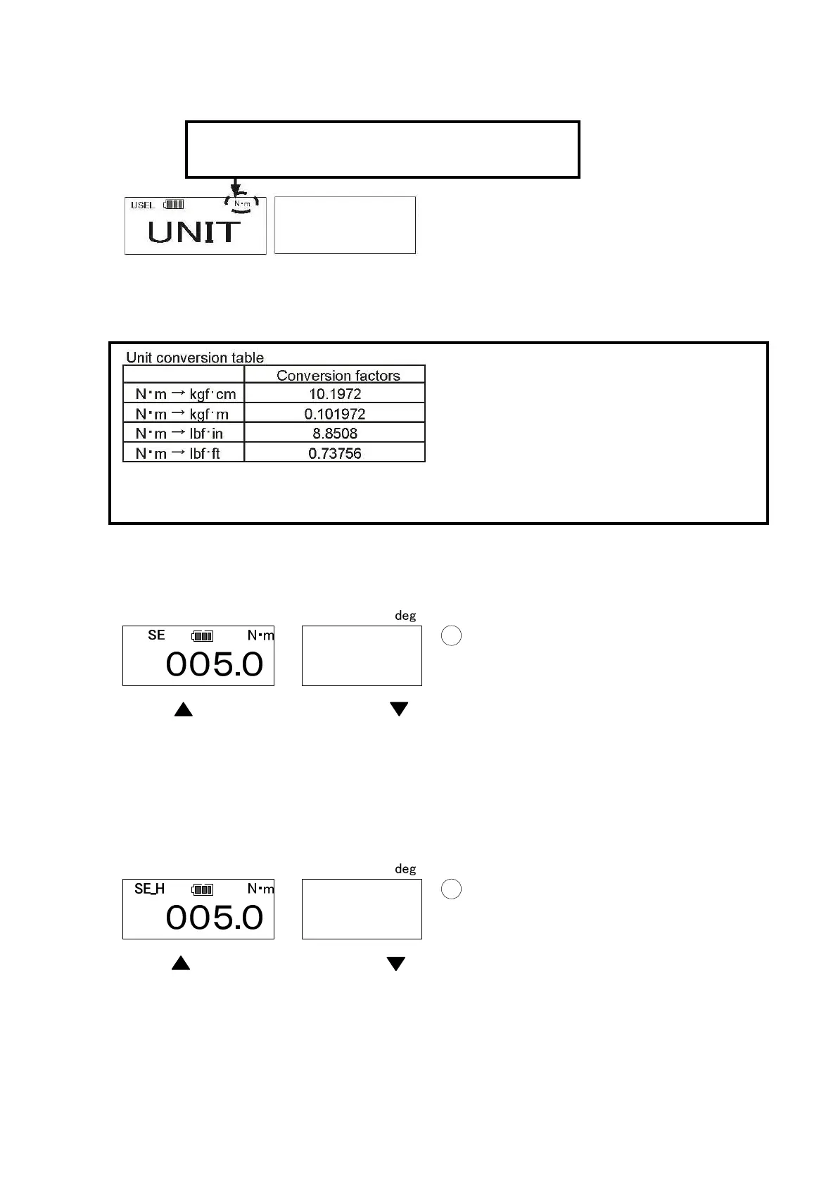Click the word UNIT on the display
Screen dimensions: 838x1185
coord(194,232)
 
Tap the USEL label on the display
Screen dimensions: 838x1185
coord(143,205)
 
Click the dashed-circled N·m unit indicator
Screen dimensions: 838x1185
coord(242,204)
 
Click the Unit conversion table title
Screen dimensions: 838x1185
coord(195,357)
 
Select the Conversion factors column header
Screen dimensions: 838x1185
coord(338,376)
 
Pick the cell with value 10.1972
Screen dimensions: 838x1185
coord(335,394)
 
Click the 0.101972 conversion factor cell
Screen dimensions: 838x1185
coord(335,414)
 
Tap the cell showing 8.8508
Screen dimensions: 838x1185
coord(335,433)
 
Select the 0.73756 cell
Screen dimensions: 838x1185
coord(335,453)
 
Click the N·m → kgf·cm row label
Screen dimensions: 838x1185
coord(185,394)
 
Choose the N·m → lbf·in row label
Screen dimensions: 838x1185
coord(179,433)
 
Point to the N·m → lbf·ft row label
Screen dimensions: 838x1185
coord(177,453)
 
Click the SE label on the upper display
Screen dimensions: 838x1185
coord(156,635)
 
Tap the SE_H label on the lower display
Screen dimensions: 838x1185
coord(149,889)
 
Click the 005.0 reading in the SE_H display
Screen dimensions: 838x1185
coord(215,918)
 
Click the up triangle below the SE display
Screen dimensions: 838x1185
coord(183,709)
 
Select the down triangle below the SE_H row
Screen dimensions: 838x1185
coord(396,963)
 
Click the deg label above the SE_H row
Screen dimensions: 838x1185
coord(405,869)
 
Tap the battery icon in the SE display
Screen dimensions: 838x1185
coord(202,636)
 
